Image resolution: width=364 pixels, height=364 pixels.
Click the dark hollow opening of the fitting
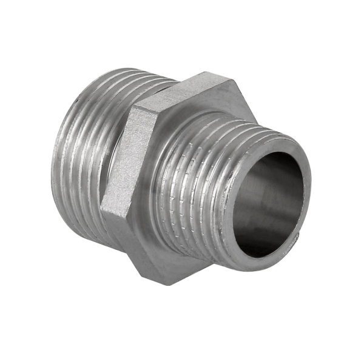pos(267,200)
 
